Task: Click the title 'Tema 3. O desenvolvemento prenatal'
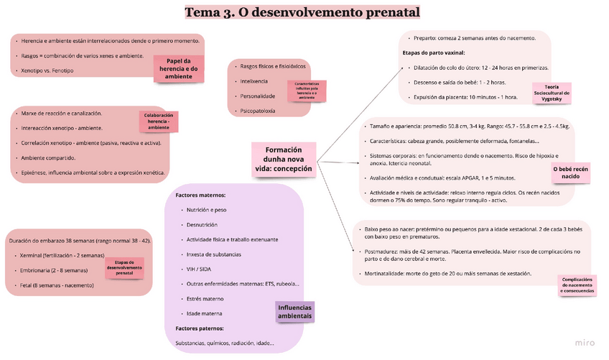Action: click(x=302, y=12)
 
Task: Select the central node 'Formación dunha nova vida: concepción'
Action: click(x=284, y=159)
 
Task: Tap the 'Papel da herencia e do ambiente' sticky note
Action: click(x=179, y=68)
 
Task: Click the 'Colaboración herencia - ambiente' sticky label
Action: click(x=159, y=121)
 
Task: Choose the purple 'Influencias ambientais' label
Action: click(x=295, y=311)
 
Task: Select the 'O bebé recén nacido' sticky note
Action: click(x=571, y=172)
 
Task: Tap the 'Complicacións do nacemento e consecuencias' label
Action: click(x=578, y=286)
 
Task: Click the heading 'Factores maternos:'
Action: click(x=201, y=195)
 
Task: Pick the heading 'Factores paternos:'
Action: click(x=200, y=328)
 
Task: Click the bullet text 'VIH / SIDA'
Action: click(x=200, y=269)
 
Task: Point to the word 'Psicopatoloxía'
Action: click(x=257, y=111)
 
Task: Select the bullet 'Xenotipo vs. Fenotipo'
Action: click(x=47, y=70)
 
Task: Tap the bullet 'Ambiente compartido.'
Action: click(x=48, y=157)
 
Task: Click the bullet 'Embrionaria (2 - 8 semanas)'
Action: click(x=54, y=270)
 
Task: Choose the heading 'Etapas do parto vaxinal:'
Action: click(x=433, y=52)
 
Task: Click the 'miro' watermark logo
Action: click(x=586, y=343)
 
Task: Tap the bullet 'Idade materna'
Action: click(x=204, y=313)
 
